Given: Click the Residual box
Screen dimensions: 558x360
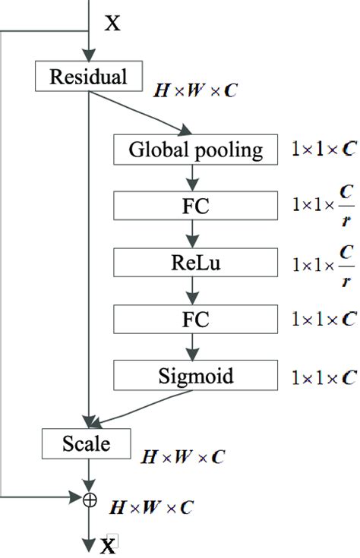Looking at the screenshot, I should point(90,77).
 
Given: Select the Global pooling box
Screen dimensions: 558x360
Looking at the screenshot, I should point(195,150).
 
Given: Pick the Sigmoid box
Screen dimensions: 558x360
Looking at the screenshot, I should point(195,374).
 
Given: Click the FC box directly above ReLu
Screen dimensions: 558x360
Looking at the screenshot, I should point(195,206).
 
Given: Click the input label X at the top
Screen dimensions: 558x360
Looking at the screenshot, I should point(112,23).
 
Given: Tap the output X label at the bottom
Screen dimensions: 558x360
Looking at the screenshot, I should point(109,545).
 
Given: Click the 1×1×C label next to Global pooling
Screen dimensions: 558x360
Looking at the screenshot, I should point(324,150).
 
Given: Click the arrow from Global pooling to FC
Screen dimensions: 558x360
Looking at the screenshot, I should point(195,178).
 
